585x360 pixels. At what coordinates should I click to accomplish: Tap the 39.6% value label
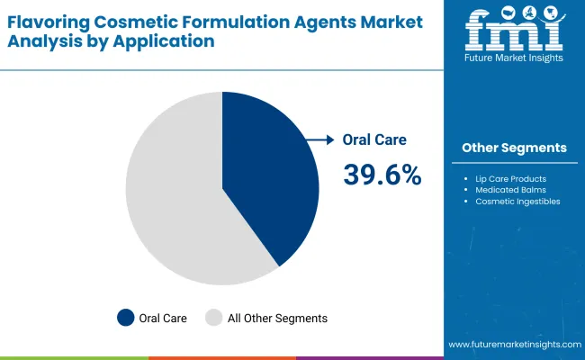tap(382, 175)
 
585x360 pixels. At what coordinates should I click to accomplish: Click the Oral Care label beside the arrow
tap(374, 139)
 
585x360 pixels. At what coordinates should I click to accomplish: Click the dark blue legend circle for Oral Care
tap(126, 318)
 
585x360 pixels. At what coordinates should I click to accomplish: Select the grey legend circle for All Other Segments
tap(213, 318)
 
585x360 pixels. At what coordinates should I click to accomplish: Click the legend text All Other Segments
tap(276, 318)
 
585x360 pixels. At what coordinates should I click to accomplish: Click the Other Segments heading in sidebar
tap(514, 148)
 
